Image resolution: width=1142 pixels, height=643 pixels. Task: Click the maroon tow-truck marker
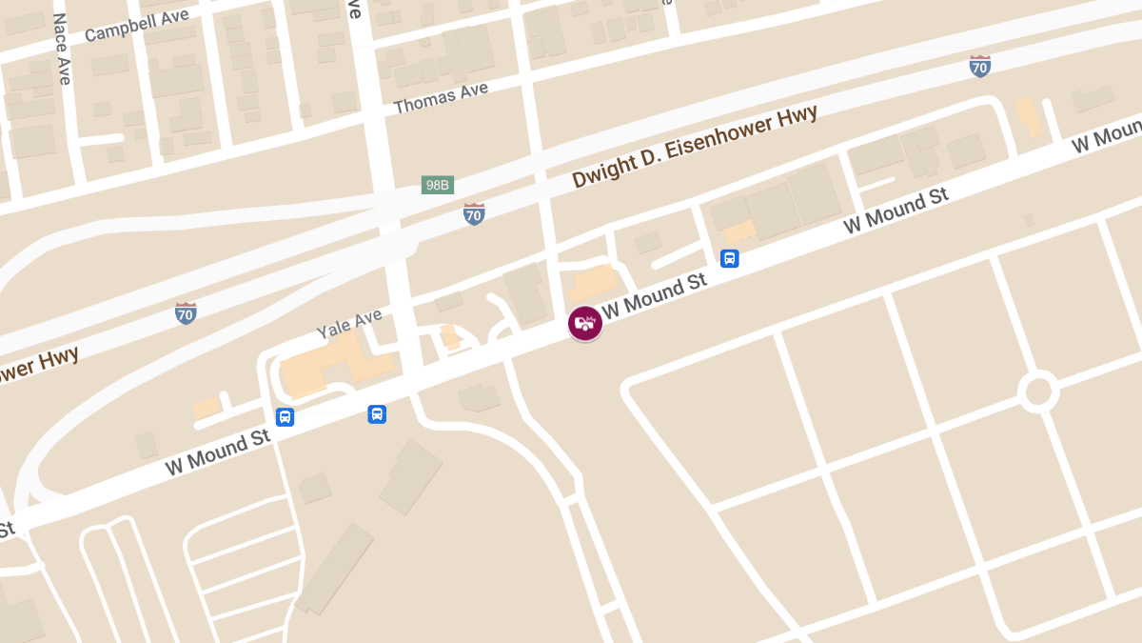tap(585, 323)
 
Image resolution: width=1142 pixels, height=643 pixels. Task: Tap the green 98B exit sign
tap(437, 185)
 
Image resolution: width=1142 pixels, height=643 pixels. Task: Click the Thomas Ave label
tap(441, 97)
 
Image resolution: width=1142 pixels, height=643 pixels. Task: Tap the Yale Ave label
tap(349, 323)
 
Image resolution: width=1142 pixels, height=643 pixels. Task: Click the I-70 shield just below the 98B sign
tap(474, 213)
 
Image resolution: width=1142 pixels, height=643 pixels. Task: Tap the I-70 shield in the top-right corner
tap(979, 66)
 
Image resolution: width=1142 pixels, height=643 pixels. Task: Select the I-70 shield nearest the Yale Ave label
tap(187, 312)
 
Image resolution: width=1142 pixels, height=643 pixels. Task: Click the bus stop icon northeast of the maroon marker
tap(730, 258)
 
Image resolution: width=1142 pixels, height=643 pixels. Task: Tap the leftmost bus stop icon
tap(285, 417)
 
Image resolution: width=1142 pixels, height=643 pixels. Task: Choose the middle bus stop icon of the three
tap(377, 413)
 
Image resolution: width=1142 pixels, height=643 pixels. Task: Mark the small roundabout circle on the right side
tap(1037, 391)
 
